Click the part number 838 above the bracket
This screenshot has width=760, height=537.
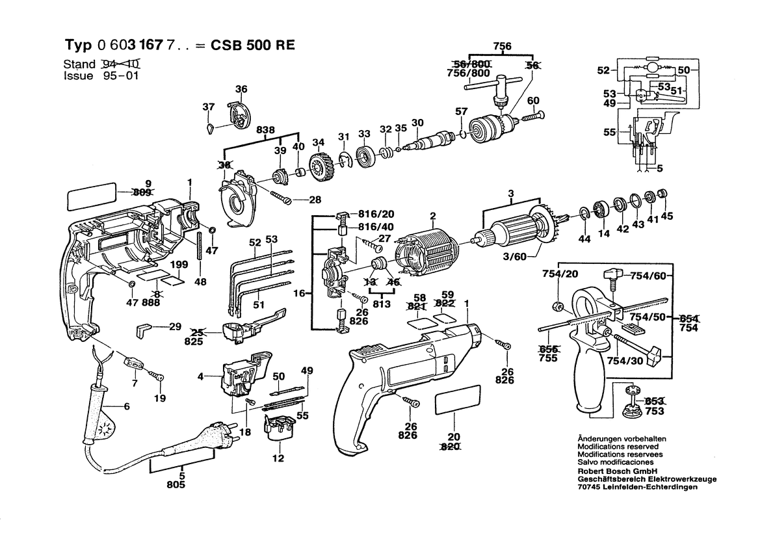coord(266,130)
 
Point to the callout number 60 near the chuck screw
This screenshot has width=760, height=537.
coord(533,101)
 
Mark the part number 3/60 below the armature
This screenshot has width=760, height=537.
coord(515,256)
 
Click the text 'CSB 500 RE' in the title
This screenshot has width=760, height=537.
coord(252,45)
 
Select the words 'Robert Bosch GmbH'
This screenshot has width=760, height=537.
coord(617,471)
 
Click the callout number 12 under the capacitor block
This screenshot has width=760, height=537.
coord(278,458)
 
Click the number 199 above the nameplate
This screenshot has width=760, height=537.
coord(179,265)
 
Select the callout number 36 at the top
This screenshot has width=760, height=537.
coord(241,88)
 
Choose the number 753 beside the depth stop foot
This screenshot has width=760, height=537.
coord(654,411)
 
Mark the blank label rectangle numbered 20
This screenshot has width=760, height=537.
coord(458,400)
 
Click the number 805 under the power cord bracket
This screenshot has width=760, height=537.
coord(176,484)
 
